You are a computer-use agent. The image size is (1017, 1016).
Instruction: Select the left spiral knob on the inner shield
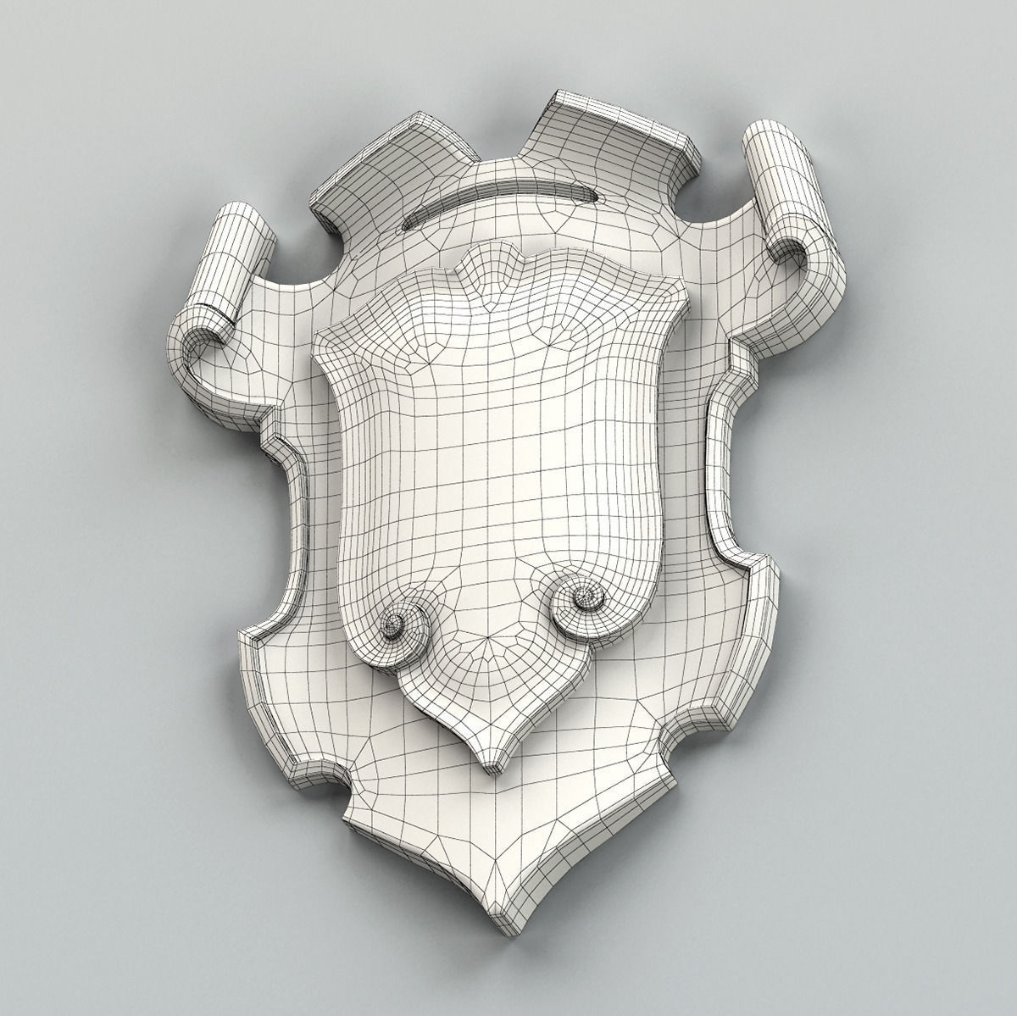point(393,625)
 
